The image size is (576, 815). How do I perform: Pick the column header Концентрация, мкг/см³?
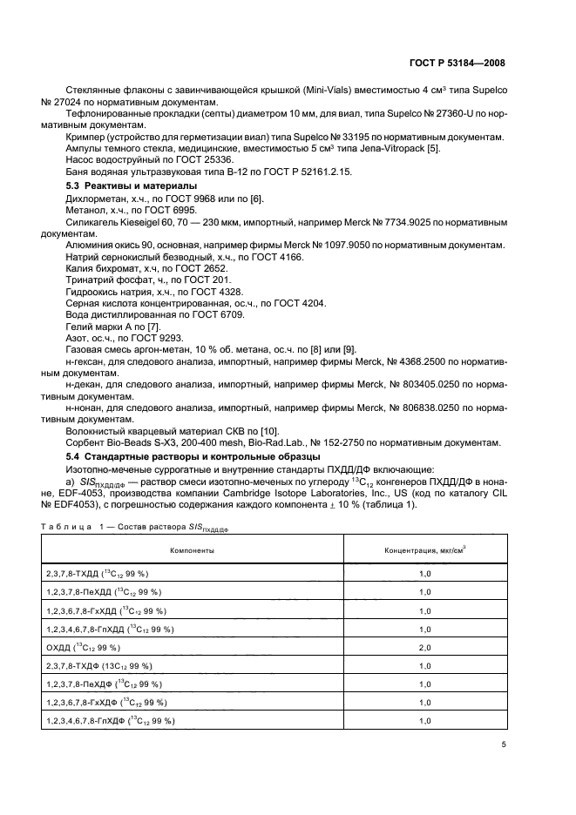click(425, 550)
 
